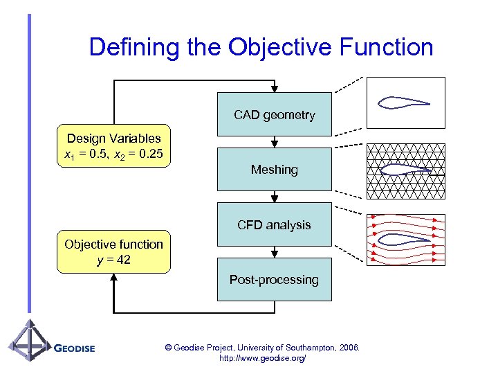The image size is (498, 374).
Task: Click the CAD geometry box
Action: (275, 114)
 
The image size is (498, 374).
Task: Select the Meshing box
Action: (275, 169)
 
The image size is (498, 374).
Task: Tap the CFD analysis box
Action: (275, 224)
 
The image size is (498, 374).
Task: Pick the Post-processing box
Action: (275, 279)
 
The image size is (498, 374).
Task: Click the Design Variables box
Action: (113, 145)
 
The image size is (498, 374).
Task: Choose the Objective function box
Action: (113, 251)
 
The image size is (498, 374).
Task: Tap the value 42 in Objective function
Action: (122, 260)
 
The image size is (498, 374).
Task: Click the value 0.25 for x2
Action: (150, 152)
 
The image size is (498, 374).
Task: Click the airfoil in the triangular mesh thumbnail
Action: (405, 168)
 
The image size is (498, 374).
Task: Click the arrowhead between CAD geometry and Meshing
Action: (275, 144)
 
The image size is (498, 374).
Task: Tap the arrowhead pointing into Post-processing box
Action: (275, 254)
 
